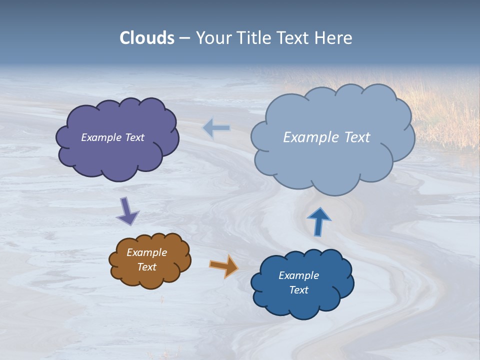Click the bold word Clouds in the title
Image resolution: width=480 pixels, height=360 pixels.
[x=147, y=38]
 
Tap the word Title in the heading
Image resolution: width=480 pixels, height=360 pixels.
[x=252, y=38]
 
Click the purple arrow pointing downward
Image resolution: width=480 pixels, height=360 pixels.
[x=127, y=211]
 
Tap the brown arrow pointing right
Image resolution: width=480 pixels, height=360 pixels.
[x=224, y=265]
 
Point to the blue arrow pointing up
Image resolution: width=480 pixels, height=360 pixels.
[x=319, y=221]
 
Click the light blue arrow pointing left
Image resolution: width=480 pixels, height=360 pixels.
[x=216, y=128]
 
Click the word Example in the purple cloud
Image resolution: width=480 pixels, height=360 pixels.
[x=101, y=137]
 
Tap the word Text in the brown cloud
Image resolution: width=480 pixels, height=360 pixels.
[x=147, y=267]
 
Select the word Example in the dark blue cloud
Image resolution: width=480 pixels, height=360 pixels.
[x=298, y=275]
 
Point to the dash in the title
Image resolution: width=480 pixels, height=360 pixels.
[x=184, y=38]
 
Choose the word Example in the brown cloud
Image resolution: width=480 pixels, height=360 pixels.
[x=147, y=252]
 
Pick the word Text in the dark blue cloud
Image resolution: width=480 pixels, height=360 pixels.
[x=298, y=290]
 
